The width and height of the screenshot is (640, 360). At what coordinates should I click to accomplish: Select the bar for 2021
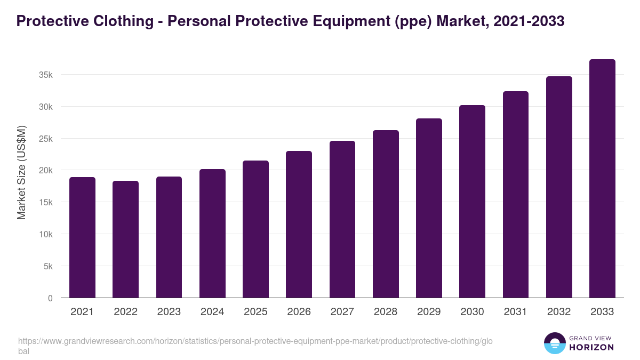tap(82, 237)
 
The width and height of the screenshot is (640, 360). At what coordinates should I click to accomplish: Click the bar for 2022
tap(125, 239)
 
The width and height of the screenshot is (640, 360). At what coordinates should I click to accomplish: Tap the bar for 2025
tap(255, 229)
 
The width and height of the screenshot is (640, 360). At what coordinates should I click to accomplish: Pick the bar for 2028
tap(386, 214)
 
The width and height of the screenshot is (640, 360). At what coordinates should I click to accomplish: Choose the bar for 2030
tap(472, 202)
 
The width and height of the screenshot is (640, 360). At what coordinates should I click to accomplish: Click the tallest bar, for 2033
tap(602, 179)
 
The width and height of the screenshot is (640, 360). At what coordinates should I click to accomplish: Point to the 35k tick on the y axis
tap(46, 75)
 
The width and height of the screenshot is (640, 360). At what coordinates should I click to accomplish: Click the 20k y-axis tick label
tap(46, 171)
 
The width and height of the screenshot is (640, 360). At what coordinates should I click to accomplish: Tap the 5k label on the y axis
tap(48, 266)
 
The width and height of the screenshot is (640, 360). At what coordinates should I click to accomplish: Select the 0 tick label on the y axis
tap(50, 298)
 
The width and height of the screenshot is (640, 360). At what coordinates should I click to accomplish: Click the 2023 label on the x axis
tap(169, 312)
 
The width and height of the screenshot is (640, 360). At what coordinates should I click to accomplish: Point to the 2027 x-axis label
tap(342, 312)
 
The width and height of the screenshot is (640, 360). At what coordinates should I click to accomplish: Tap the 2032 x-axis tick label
tap(559, 312)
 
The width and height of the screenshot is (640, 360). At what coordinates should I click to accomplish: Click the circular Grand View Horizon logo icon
tap(554, 343)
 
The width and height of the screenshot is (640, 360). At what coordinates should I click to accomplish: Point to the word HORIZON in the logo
tap(591, 347)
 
